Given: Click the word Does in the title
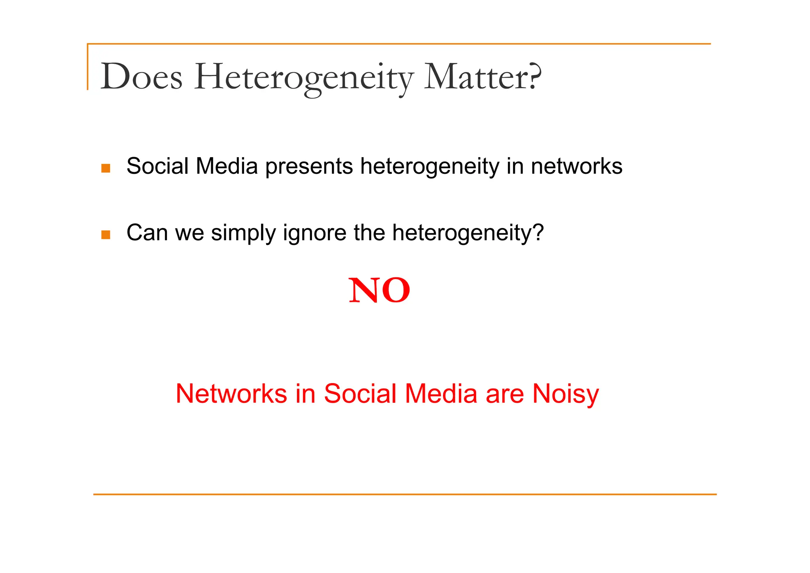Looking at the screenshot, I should (142, 77).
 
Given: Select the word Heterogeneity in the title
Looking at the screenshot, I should (304, 78).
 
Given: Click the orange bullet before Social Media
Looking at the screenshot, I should (106, 168).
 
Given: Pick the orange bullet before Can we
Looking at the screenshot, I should (106, 235).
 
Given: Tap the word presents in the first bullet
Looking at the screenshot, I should (309, 167).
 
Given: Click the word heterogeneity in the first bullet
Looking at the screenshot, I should (430, 167).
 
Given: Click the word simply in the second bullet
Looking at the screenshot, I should (243, 233).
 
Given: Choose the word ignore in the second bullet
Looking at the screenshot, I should (314, 233).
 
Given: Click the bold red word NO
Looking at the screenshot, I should (379, 291).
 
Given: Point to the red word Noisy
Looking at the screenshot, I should (566, 394).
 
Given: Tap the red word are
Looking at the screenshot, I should (505, 394).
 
